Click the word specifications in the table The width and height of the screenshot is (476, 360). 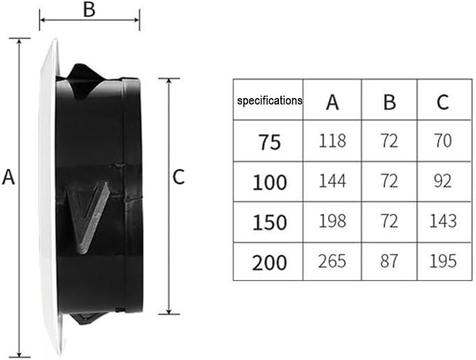click(x=270, y=100)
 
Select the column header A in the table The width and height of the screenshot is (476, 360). click(x=332, y=102)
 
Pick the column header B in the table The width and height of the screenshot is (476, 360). click(x=390, y=102)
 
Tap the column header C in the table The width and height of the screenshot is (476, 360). click(x=442, y=102)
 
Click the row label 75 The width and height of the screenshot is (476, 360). click(x=270, y=142)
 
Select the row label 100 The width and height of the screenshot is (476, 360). click(x=270, y=182)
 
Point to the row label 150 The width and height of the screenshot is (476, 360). click(x=270, y=222)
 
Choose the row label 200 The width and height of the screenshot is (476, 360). click(x=270, y=263)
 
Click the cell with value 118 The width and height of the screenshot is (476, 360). click(x=332, y=141)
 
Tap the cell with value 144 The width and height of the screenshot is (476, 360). click(x=332, y=181)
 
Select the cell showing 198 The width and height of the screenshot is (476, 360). click(x=332, y=221)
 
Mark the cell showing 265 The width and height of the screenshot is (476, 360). click(x=332, y=261)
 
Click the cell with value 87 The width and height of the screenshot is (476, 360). click(x=389, y=261)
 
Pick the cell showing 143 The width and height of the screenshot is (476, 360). click(x=443, y=221)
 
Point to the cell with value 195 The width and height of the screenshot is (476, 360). click(x=443, y=261)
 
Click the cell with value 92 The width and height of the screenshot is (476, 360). click(x=443, y=181)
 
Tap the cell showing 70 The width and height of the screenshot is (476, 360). click(x=443, y=141)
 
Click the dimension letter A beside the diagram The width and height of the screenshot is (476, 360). click(x=8, y=177)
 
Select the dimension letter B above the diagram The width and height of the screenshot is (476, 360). click(x=89, y=9)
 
